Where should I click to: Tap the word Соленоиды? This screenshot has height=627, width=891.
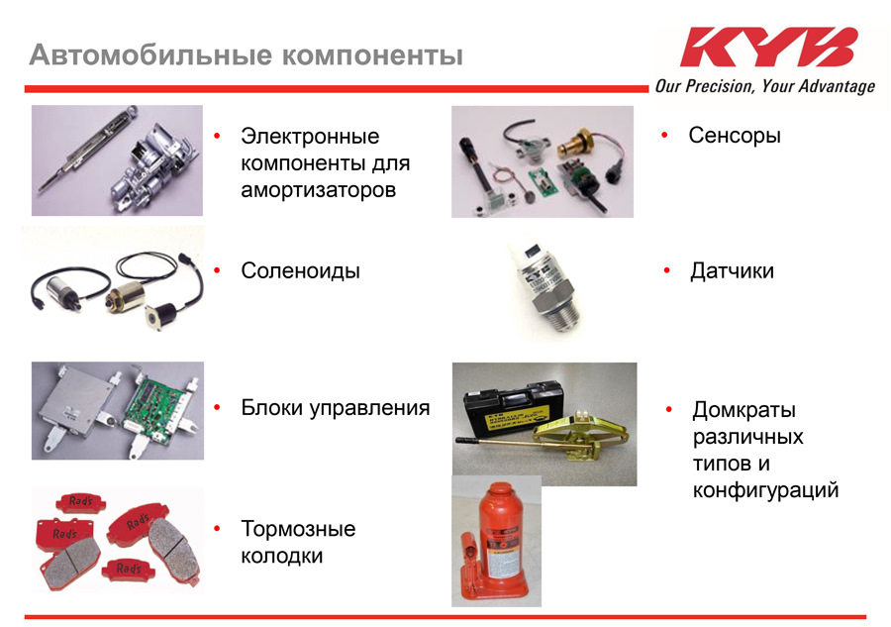pos(300,270)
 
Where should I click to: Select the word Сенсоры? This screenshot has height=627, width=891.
pos(735,136)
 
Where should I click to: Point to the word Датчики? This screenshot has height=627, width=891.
pos(732,271)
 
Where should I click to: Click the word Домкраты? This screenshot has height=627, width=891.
pos(743,410)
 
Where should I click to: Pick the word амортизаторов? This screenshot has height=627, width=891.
pos(318,190)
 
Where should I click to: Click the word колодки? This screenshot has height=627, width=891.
pos(282,556)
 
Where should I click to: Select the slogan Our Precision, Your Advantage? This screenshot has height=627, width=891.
pos(765,86)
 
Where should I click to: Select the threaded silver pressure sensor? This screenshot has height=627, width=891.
pos(545,290)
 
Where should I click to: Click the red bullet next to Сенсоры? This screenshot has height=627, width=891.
pos(664,136)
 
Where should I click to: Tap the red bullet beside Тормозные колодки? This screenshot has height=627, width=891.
pos(217,529)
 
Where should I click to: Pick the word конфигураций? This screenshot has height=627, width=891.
pos(765,489)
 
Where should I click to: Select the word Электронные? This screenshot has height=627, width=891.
pos(310,137)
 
